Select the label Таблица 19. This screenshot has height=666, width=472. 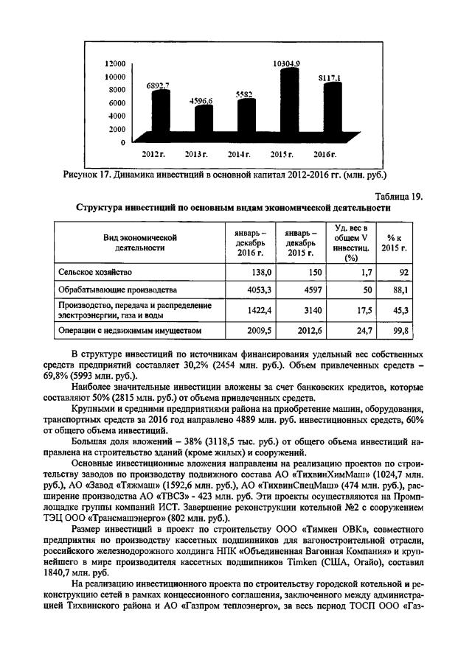point(399,196)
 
